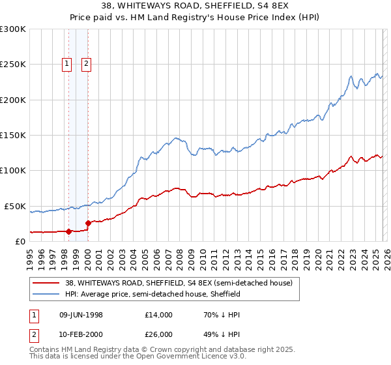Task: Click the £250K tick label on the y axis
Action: [13, 65]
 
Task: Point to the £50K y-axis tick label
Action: [15, 206]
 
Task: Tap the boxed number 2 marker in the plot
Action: [87, 63]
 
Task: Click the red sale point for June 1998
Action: [69, 231]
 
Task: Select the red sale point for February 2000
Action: [88, 223]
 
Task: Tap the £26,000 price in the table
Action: [159, 334]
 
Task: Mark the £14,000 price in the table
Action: [159, 315]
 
